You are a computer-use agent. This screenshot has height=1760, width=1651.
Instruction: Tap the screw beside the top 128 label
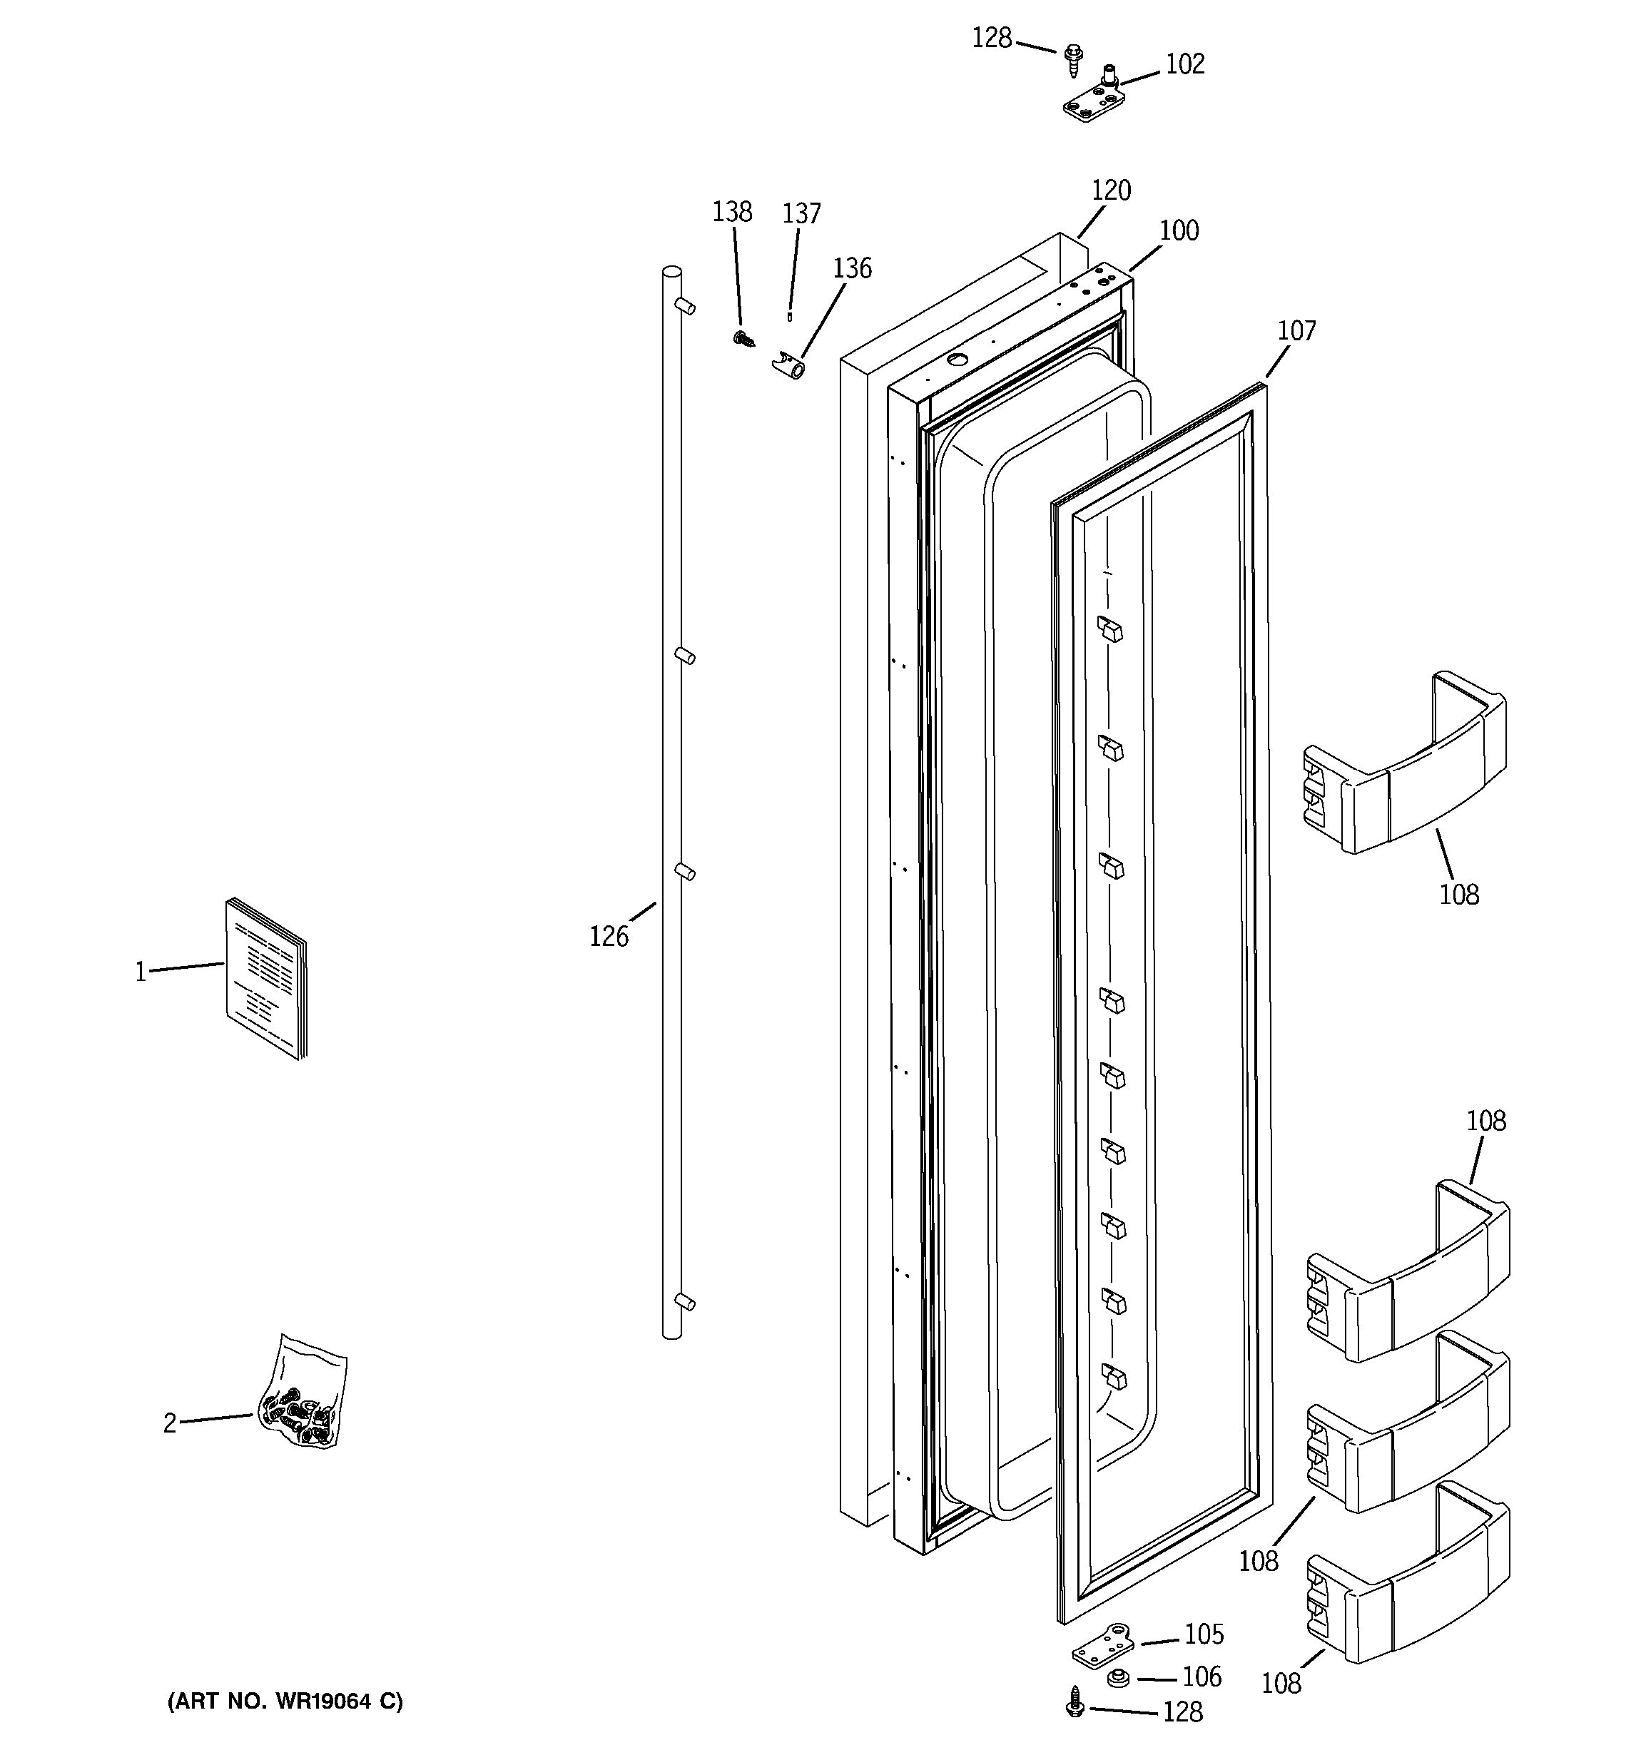[1074, 56]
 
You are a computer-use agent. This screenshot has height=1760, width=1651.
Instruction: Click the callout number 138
[732, 212]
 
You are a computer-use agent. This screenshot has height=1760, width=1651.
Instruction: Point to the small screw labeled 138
[743, 338]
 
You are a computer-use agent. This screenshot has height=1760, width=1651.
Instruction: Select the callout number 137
[801, 213]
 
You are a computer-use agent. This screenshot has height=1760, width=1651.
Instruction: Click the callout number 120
[1110, 190]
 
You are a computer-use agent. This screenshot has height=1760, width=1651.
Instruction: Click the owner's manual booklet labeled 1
[265, 978]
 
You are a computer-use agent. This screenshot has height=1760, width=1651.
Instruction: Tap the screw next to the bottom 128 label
[1076, 1701]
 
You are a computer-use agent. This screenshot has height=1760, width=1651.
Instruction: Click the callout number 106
[1202, 1677]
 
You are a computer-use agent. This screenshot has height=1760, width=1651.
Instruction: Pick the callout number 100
[1179, 230]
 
